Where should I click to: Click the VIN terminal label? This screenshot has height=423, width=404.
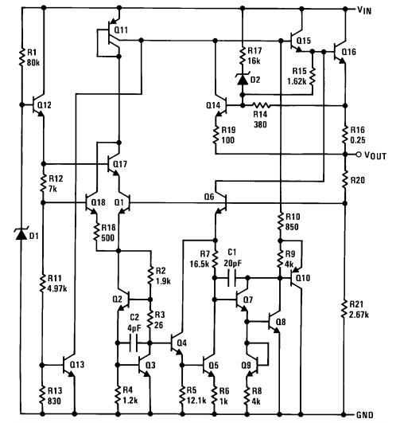[x=378, y=10]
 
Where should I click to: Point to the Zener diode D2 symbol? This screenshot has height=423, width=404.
[x=241, y=77]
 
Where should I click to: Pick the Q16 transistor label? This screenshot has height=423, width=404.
[x=348, y=52]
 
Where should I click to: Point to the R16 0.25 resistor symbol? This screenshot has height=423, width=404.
[x=345, y=133]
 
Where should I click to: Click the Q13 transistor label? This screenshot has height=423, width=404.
[x=76, y=364]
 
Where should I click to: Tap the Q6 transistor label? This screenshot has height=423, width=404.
[x=209, y=197]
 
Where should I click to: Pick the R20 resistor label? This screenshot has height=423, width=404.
[x=359, y=180]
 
